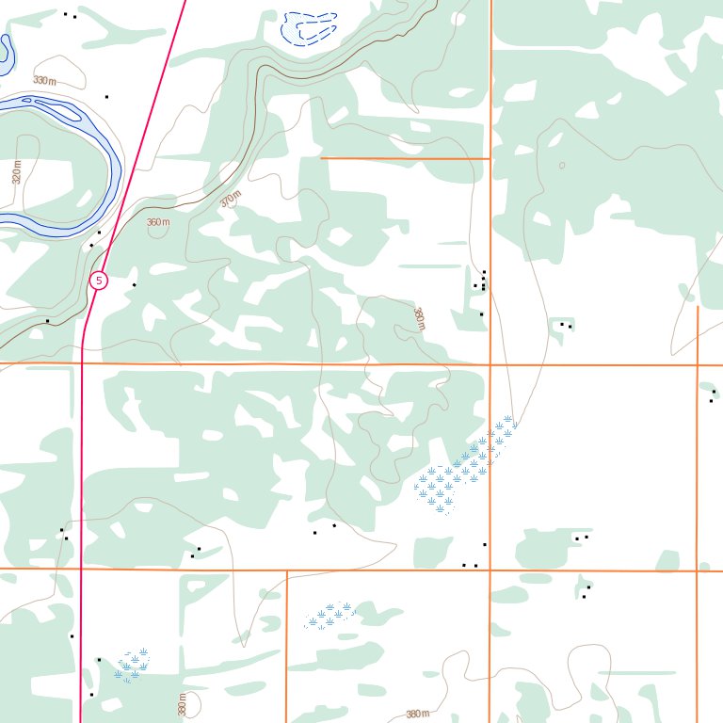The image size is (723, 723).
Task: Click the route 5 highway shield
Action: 99,281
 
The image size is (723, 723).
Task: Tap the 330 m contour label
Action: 44,81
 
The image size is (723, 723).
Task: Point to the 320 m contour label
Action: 17,172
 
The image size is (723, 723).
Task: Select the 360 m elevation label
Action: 158,223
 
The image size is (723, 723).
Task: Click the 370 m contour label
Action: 231,200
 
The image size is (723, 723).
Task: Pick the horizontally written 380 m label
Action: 417,715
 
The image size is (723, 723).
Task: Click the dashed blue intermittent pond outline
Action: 309,28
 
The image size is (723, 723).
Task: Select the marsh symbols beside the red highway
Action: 132,665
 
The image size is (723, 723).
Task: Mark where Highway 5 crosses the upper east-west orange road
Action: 83,362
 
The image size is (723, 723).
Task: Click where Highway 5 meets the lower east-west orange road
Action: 82,569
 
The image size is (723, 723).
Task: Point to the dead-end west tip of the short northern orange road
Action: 322,158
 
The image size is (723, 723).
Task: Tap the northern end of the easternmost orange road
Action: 698,307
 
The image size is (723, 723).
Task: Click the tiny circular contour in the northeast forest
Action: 562,166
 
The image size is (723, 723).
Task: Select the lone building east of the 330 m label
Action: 106,96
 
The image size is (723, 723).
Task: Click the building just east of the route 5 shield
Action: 134,284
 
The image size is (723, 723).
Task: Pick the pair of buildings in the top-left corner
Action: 70,15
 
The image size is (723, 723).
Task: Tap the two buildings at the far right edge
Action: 713,396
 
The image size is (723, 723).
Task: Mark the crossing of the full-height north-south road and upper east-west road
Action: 490,364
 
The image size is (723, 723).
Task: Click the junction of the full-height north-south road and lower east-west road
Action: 490,570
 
